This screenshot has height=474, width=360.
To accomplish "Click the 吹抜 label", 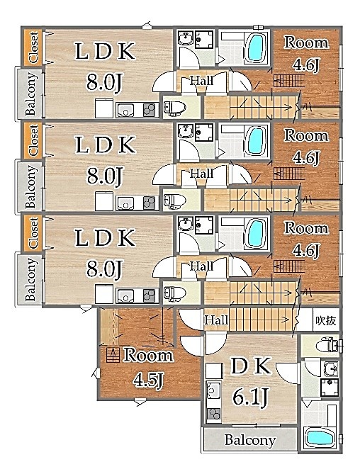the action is pyautogui.click(x=326, y=320).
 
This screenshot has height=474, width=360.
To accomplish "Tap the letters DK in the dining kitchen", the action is pyautogui.click(x=251, y=366).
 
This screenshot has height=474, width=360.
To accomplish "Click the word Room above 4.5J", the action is pyautogui.click(x=148, y=355).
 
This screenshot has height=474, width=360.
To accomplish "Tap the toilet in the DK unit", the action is pyautogui.click(x=328, y=345).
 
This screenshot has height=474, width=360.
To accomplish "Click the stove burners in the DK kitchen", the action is pyautogui.click(x=214, y=414).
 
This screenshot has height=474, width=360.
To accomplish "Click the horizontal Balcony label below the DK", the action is pyautogui.click(x=250, y=440).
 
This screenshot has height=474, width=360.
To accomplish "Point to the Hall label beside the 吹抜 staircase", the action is pyautogui.click(x=216, y=320).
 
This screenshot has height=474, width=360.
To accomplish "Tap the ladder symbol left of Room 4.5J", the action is pyautogui.click(x=113, y=354).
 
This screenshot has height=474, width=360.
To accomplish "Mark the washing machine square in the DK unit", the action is pyautogui.click(x=330, y=388).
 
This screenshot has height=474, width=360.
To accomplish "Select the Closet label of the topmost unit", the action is pyautogui.click(x=33, y=47).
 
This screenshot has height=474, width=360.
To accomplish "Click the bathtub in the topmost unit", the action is pyautogui.click(x=256, y=47).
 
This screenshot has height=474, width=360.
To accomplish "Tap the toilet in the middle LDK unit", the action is pyautogui.click(x=175, y=200).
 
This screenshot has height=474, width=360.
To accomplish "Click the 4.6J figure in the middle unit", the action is pyautogui.click(x=306, y=157).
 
